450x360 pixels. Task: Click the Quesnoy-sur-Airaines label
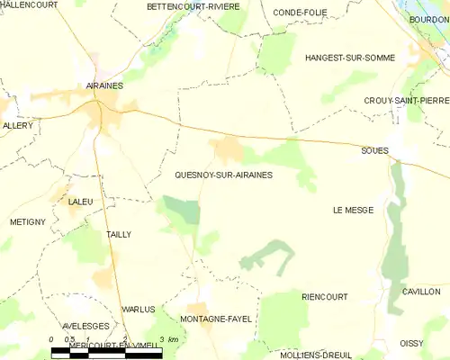click(x=223, y=175)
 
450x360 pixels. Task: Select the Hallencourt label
click(x=28, y=4)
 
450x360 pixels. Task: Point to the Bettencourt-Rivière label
click(x=193, y=6)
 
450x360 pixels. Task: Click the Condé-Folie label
click(x=300, y=12)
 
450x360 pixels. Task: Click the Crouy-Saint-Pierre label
click(x=406, y=100)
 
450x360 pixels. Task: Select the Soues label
click(x=375, y=150)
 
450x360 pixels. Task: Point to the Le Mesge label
click(x=352, y=210)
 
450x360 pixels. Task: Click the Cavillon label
click(x=421, y=292)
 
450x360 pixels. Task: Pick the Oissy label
click(x=411, y=343)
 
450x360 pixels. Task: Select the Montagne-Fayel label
click(x=216, y=319)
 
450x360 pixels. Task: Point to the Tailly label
click(x=119, y=234)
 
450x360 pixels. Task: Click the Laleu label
click(x=80, y=202)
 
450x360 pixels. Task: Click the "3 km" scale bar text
click(x=167, y=339)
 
